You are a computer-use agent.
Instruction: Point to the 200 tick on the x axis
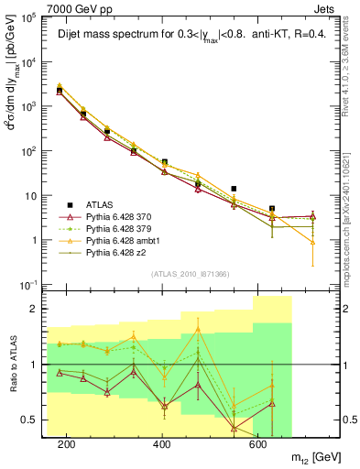pyautogui.click(x=66, y=442)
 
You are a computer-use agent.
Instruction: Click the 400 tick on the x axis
pyautogui.click(x=162, y=442)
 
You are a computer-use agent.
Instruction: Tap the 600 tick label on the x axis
pyautogui.click(x=257, y=442)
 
